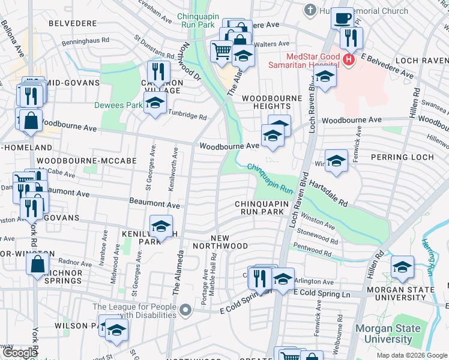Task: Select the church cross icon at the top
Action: pyautogui.click(x=310, y=10)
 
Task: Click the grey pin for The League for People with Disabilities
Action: pyautogui.click(x=186, y=310)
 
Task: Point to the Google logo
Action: pyautogui.click(x=20, y=353)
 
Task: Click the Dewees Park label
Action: pyautogui.click(x=118, y=105)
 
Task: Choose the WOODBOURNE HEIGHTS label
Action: pyautogui.click(x=266, y=101)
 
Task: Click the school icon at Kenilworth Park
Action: pyautogui.click(x=161, y=226)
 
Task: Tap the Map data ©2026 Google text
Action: pyautogui.click(x=412, y=355)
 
